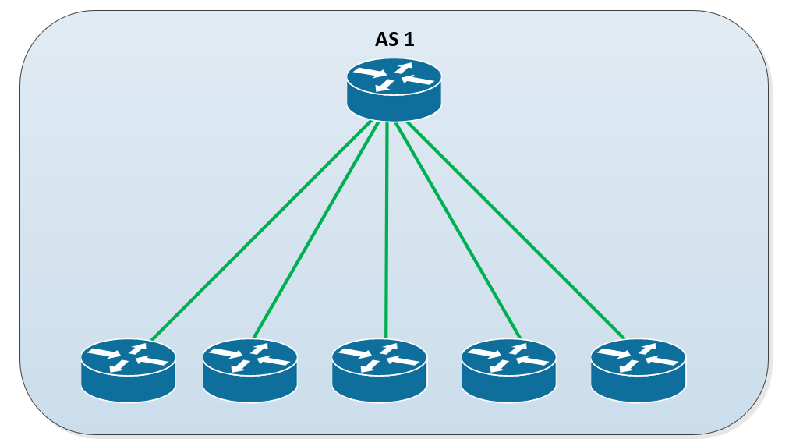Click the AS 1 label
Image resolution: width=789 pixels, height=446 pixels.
pos(394,40)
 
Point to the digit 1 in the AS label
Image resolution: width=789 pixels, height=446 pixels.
pos(409,40)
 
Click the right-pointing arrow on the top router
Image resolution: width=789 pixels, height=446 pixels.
pos(369,74)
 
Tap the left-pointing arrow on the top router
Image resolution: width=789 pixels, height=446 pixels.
pos(419,80)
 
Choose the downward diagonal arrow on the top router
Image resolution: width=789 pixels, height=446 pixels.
pos(383,86)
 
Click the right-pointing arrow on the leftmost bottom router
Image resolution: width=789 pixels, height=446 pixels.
pos(102,354)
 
